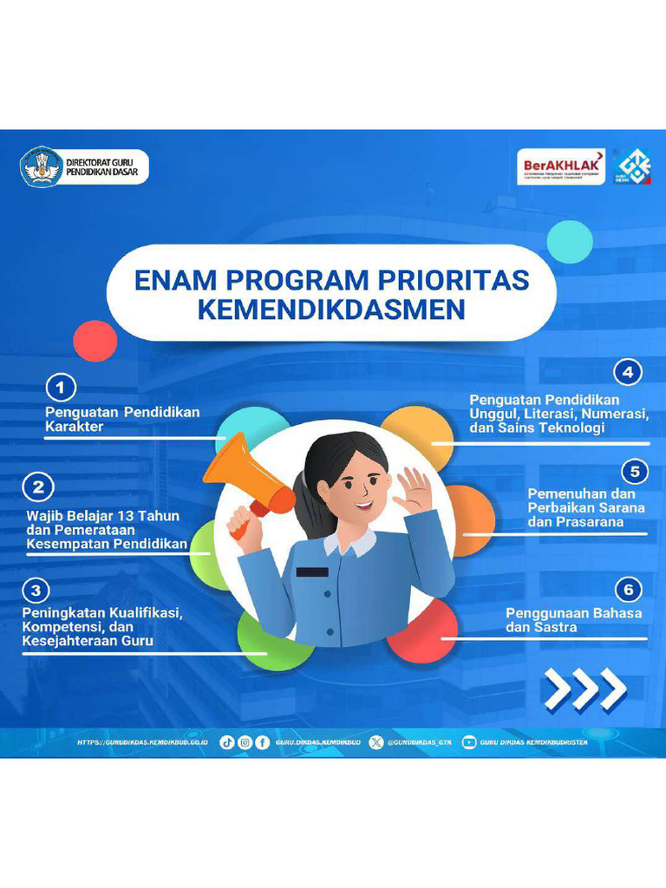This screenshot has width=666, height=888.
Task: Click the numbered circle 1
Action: point(60,387)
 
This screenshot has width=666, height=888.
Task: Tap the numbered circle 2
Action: point(38,487)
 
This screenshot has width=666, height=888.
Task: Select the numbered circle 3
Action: point(35,591)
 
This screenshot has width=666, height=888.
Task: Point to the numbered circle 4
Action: point(628,373)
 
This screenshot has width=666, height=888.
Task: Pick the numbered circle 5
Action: point(636,471)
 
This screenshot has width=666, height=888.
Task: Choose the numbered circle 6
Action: point(629,591)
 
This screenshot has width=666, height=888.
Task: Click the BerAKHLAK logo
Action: point(561,166)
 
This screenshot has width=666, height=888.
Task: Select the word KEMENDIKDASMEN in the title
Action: point(331,310)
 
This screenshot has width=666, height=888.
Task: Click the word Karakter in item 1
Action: point(75,427)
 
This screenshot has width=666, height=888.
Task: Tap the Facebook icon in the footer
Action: point(262,742)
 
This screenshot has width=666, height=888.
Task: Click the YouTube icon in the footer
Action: point(469,742)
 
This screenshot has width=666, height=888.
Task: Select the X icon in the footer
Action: point(375,742)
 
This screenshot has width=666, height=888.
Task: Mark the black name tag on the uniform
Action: point(312,571)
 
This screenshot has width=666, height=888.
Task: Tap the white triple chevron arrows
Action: point(584,689)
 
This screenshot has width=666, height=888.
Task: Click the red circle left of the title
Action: point(95,341)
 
